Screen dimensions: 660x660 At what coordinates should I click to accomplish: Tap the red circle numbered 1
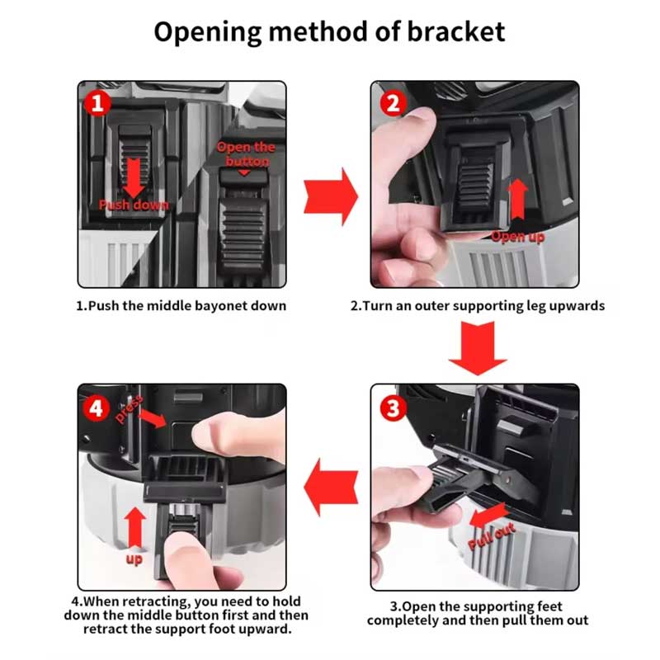click(x=99, y=103)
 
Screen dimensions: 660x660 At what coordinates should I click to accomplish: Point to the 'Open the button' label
click(x=246, y=153)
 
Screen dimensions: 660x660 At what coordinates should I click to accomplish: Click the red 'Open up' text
click(x=518, y=237)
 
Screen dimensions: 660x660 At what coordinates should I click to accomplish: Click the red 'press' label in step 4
click(x=130, y=407)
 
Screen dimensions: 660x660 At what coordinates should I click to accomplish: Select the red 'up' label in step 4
click(x=134, y=559)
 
